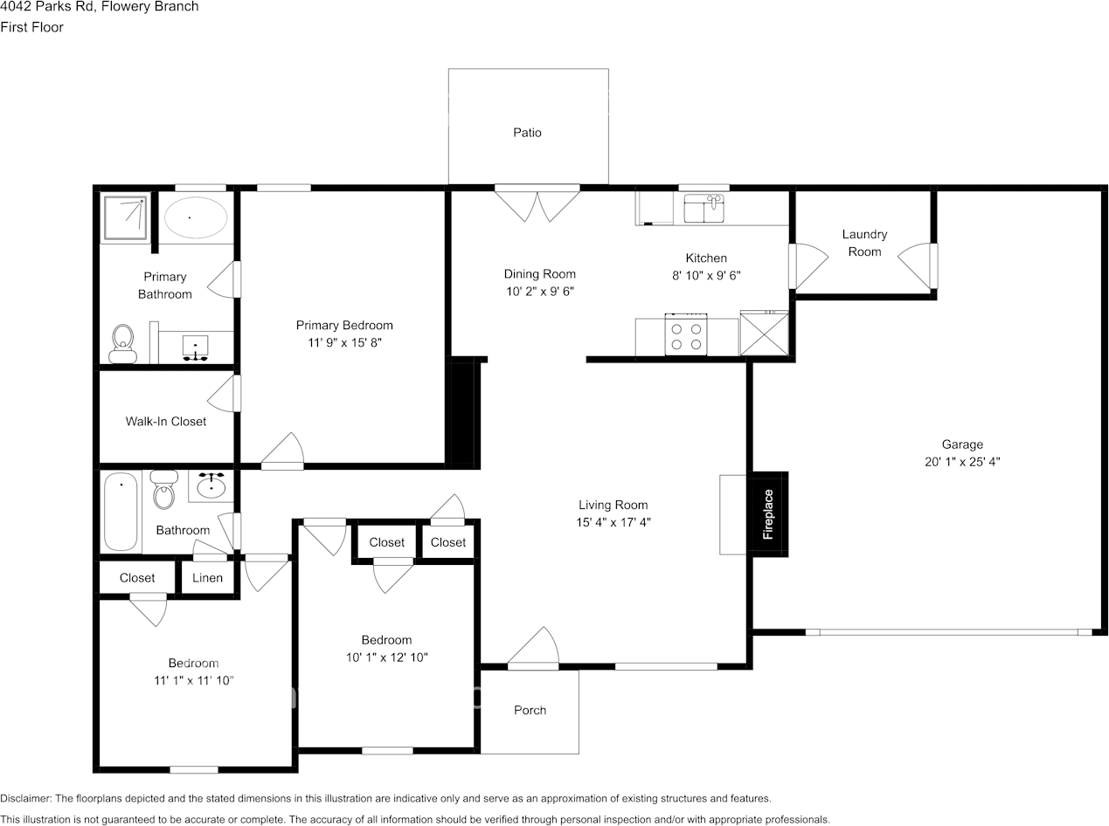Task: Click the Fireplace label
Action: [x=769, y=514]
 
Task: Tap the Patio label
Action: [x=527, y=133]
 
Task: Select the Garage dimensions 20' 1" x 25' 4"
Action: [x=962, y=462]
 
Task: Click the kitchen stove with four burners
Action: [x=686, y=336]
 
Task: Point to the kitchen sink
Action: [x=704, y=209]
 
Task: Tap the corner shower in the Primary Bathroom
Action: [x=126, y=217]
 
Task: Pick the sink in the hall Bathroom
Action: [x=211, y=485]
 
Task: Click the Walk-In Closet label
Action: [x=166, y=422]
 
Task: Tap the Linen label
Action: [x=207, y=578]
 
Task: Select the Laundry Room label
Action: [x=864, y=243]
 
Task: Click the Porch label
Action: [x=530, y=710]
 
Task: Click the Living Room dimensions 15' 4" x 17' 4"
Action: [x=613, y=523]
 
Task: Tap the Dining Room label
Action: [x=540, y=274]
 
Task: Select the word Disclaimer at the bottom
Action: [x=26, y=798]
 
